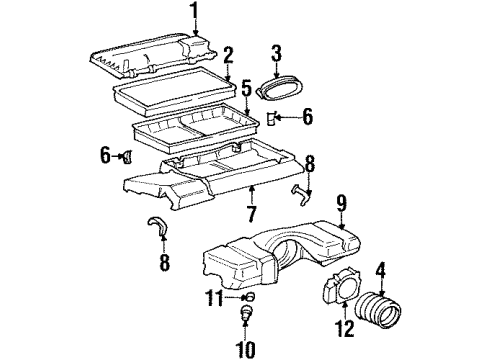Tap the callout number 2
pyautogui.click(x=229, y=54)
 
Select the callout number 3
pyautogui.click(x=277, y=52)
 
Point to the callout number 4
pyautogui.click(x=380, y=269)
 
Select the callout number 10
pyautogui.click(x=246, y=349)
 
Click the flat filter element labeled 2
pyautogui.click(x=175, y=97)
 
